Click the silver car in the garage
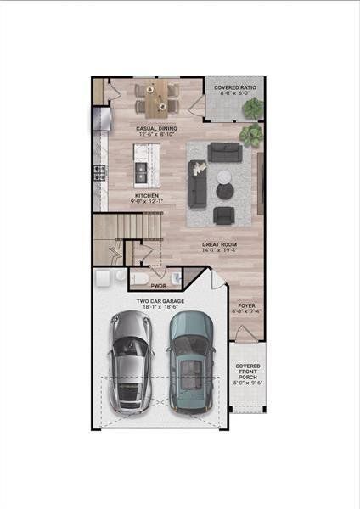(130, 361)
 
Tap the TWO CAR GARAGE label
(161, 301)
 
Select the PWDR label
(158, 287)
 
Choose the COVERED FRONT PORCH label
(248, 372)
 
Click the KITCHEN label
(147, 195)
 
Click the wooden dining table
(157, 100)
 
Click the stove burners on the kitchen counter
(98, 174)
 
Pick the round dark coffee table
(223, 177)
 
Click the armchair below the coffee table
(224, 214)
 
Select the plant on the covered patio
(253, 108)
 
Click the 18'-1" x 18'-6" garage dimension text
(161, 309)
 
